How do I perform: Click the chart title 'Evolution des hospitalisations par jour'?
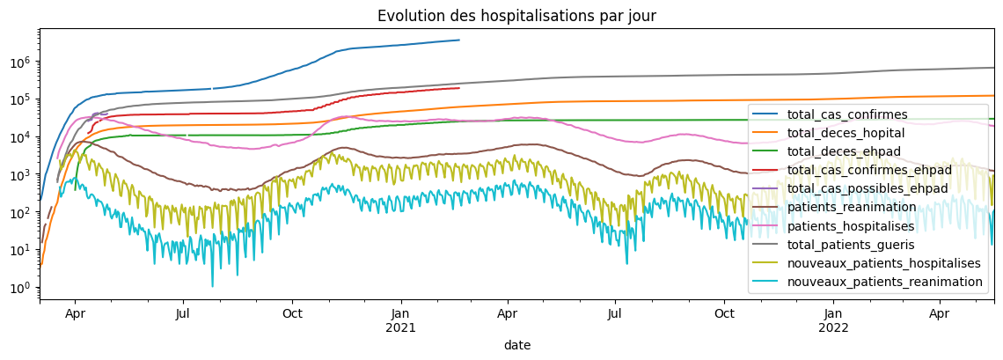516,16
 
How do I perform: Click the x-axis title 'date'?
516,346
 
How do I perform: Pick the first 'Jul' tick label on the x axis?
183,314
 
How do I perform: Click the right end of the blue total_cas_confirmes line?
459,40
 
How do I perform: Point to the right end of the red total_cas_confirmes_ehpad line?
459,88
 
